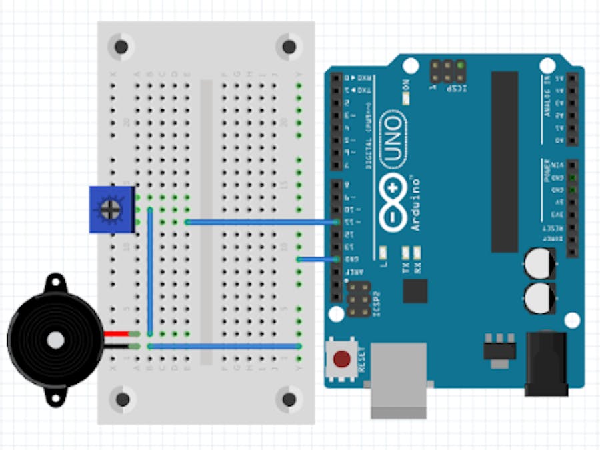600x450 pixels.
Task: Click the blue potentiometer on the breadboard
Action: (x=111, y=210)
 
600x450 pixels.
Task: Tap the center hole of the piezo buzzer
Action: (x=56, y=340)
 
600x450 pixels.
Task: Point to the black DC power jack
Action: (x=546, y=363)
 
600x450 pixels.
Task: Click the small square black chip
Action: (x=415, y=291)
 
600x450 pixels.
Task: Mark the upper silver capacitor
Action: (x=539, y=264)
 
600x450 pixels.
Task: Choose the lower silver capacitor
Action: (x=539, y=297)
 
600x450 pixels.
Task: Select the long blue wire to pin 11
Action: (x=260, y=221)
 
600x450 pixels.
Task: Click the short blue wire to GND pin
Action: (x=317, y=259)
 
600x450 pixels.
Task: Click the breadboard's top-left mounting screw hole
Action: (x=121, y=47)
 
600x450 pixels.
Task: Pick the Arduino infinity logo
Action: (x=393, y=203)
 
